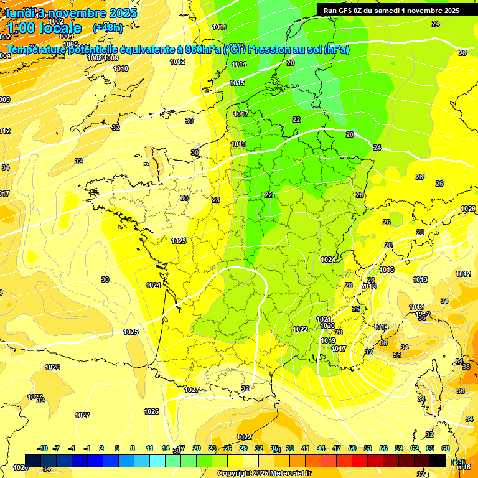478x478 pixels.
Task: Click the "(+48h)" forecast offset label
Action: tap(108, 28)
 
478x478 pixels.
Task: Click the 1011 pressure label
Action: tap(219, 27)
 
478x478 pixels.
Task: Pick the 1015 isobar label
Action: tap(237, 83)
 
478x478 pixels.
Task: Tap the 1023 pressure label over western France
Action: tap(179, 241)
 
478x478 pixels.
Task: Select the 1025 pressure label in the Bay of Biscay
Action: tap(131, 332)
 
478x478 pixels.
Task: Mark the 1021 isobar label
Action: tap(324, 319)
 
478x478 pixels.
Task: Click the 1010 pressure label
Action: tap(121, 68)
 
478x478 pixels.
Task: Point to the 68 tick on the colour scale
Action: tap(446, 448)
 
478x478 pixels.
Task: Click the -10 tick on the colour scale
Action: tap(43, 448)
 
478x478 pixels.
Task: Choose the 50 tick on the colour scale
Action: tap(352, 448)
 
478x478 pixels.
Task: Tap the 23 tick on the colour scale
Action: tap(212, 448)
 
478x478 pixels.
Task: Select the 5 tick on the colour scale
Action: tap(117, 448)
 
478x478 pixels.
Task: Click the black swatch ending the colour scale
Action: tap(438, 461)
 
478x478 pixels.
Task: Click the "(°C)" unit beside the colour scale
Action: tap(457, 462)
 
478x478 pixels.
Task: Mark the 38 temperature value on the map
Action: tap(466, 367)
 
